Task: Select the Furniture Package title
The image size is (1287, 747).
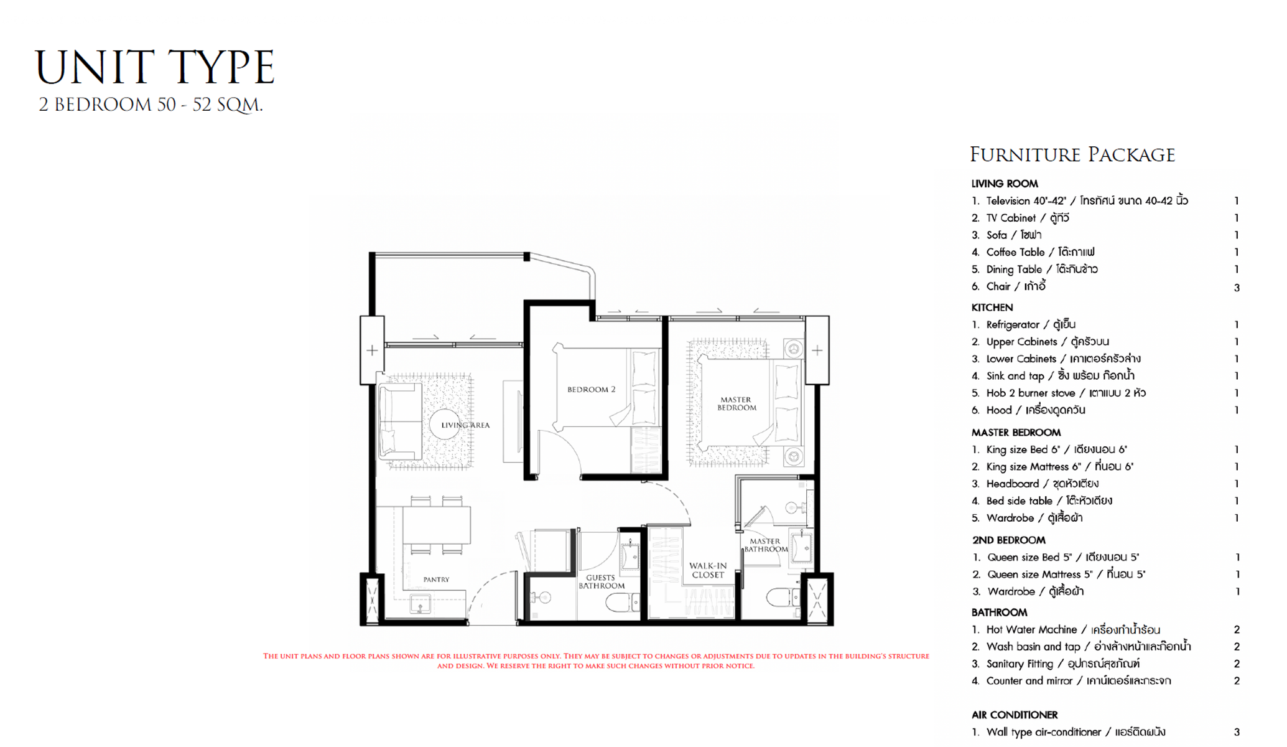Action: tap(1072, 154)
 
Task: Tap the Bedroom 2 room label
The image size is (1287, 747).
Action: tap(591, 390)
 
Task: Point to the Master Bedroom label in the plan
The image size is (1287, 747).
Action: tap(736, 403)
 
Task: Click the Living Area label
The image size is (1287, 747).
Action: tap(465, 425)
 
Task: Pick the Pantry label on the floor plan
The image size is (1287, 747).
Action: tap(436, 580)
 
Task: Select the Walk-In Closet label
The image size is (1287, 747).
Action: tap(708, 570)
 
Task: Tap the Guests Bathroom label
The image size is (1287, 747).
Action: tap(602, 581)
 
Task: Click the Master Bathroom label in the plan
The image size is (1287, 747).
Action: tap(766, 545)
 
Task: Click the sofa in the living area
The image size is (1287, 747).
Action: tap(400, 422)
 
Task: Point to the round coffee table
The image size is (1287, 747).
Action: tap(445, 425)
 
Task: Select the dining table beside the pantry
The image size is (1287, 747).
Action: tap(436, 525)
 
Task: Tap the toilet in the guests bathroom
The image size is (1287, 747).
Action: tap(623, 602)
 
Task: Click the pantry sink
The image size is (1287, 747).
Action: tap(420, 604)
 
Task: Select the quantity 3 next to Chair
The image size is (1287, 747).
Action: tap(1237, 288)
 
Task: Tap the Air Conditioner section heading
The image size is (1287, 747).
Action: tap(1015, 715)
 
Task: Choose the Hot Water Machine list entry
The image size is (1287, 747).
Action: tap(1066, 629)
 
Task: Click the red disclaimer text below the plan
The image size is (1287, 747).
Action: tap(596, 660)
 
